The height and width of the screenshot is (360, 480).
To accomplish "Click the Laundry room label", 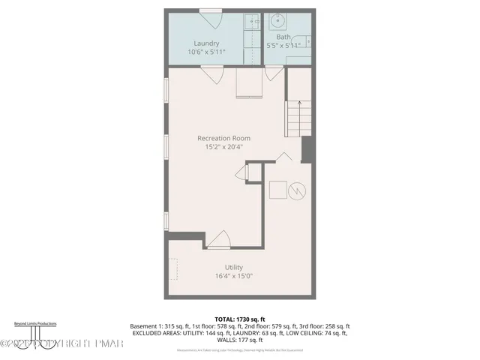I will click(205, 43).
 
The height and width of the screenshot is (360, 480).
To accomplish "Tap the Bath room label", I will click(283, 37).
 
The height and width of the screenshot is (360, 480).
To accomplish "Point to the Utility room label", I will click(234, 267).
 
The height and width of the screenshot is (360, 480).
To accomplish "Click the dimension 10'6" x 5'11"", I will click(205, 52).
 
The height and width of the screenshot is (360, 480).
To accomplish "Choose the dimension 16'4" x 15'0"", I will click(234, 275).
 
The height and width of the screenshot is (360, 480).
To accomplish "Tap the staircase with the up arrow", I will click(298, 118).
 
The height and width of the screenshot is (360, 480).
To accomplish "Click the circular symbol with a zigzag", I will click(298, 190).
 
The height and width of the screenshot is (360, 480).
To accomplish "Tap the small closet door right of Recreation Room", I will click(241, 173).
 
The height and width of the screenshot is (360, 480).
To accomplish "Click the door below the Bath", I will click(274, 73).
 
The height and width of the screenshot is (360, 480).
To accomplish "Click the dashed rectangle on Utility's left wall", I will click(173, 268).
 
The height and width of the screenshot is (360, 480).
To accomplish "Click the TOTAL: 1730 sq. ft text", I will click(241, 319).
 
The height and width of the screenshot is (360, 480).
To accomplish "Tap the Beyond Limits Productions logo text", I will click(36, 323).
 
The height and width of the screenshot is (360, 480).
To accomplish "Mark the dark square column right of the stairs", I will click(306, 149).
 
